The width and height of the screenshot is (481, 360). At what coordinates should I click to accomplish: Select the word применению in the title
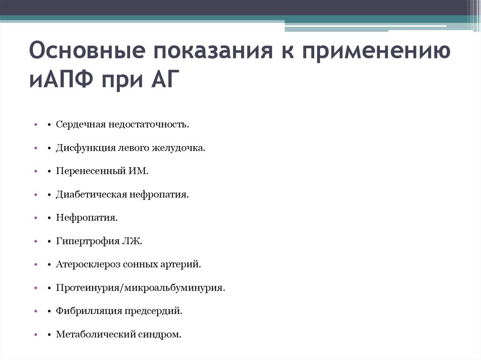[376, 50]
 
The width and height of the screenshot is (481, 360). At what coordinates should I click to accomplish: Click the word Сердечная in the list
[81, 125]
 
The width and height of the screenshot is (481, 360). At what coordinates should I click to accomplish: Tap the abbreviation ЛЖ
[132, 241]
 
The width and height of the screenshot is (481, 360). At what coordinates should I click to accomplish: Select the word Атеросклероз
[88, 264]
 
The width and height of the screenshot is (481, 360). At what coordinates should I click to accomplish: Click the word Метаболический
[95, 335]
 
